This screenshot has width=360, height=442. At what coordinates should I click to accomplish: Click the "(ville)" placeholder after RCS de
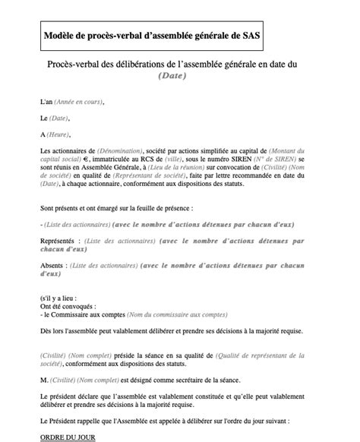pyautogui.click(x=172, y=160)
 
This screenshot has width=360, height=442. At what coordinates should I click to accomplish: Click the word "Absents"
pyautogui.click(x=52, y=266)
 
